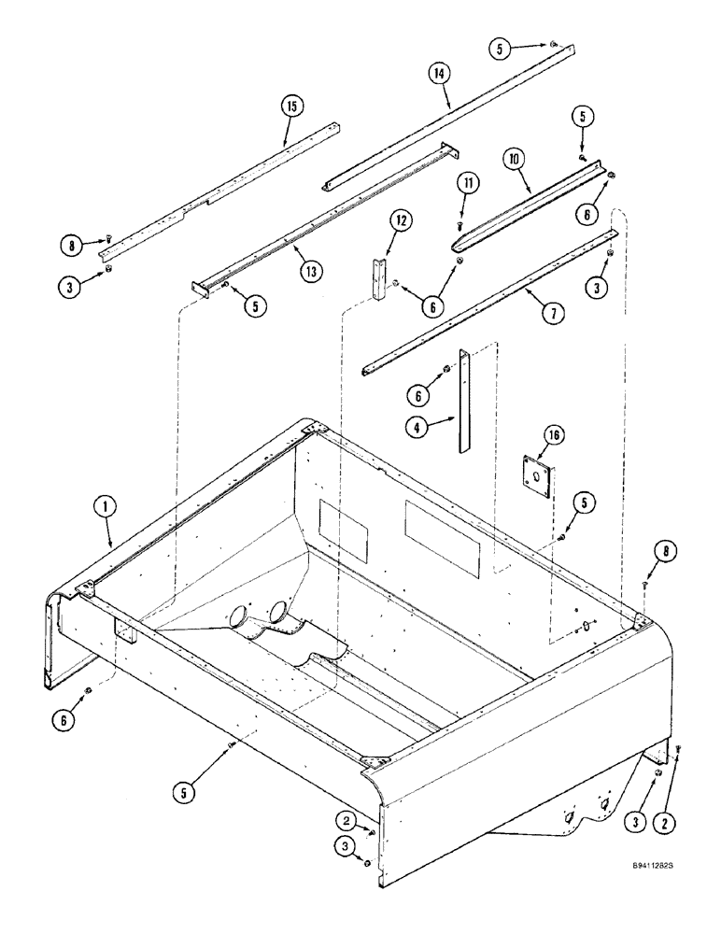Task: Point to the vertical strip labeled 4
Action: (462, 402)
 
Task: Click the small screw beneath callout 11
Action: (459, 225)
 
